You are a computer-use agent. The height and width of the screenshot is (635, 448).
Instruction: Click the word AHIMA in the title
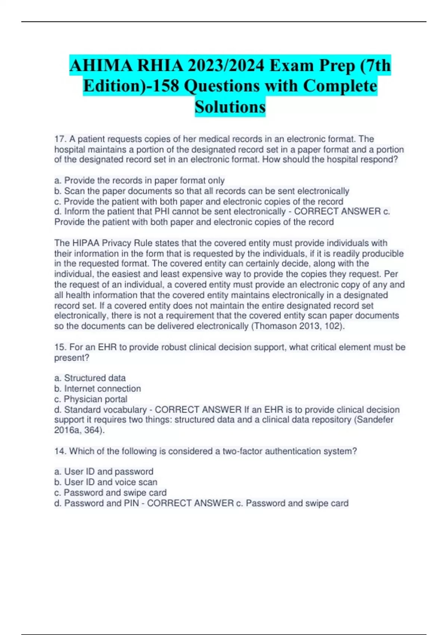[101, 66]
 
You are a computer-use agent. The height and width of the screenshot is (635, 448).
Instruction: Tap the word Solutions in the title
[230, 107]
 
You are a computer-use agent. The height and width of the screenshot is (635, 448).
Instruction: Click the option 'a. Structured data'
[90, 378]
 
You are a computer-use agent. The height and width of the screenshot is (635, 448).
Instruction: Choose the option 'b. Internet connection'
[97, 388]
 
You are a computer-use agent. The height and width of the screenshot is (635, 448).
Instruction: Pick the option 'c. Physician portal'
[91, 399]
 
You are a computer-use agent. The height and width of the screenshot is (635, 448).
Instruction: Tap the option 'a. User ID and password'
[104, 471]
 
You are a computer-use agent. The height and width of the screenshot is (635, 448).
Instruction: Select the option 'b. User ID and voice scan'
[106, 482]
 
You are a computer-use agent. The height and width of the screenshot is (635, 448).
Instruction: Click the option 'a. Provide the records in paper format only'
[139, 180]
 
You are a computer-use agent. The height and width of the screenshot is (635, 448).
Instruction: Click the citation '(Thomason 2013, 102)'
[298, 326]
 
